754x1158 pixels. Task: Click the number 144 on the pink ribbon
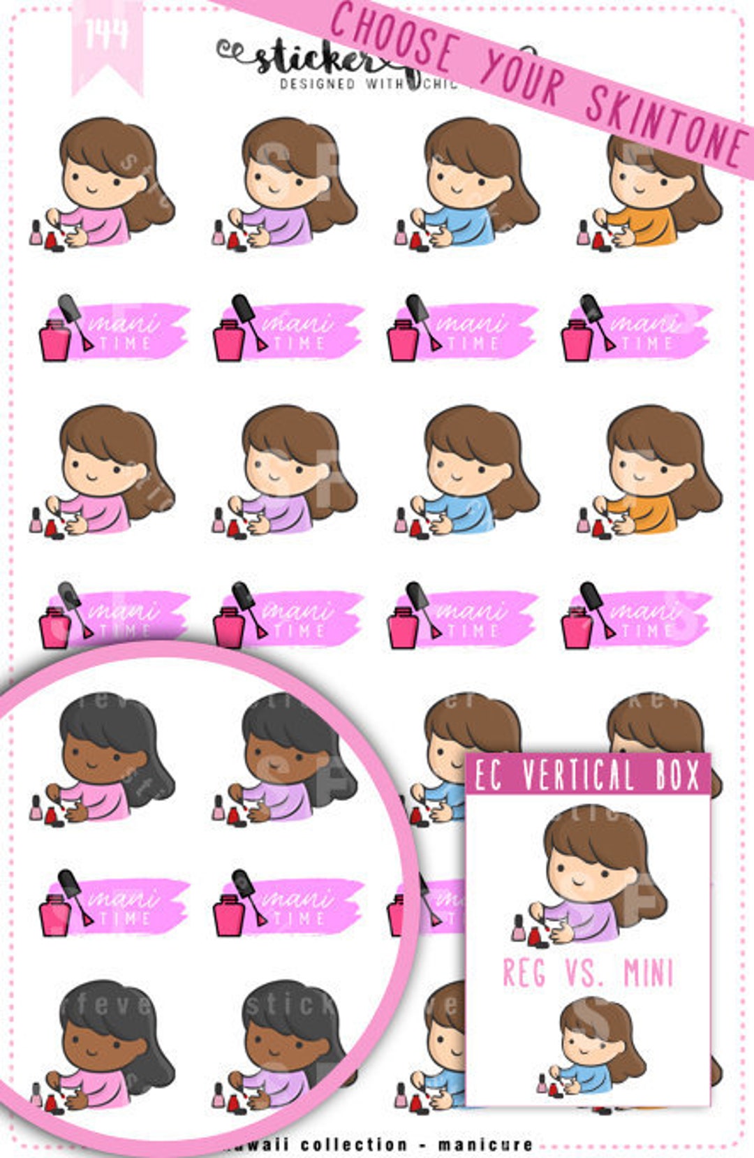106,34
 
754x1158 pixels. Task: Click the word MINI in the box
649,973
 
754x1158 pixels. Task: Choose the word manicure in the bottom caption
485,1145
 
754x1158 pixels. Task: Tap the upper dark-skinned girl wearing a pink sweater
105,761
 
